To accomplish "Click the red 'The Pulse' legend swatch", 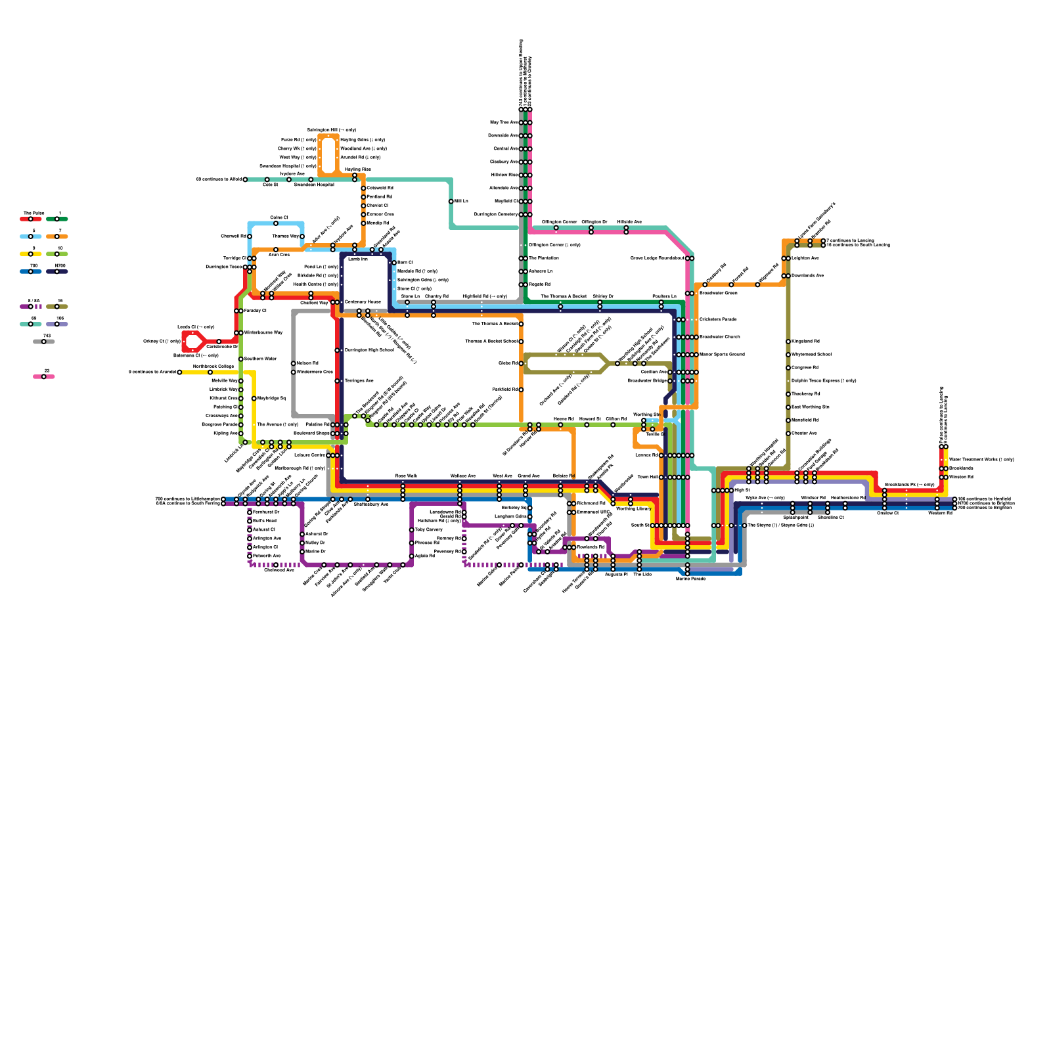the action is [31, 219].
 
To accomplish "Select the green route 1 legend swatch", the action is [57, 219].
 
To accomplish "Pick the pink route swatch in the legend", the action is [44, 376].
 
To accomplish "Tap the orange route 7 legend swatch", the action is [57, 236].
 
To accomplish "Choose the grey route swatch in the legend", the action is [44, 342].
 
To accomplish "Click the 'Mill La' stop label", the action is [461, 201].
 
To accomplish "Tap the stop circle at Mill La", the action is [451, 202].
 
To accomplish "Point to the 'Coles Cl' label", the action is [279, 217].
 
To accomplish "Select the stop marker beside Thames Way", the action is [302, 236].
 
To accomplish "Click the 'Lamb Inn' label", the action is [358, 259].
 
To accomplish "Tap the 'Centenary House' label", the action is [363, 302].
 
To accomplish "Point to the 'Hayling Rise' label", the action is [358, 169].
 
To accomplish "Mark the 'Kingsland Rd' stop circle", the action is [788, 342].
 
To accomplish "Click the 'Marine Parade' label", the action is [690, 579].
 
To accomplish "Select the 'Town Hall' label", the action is [648, 478].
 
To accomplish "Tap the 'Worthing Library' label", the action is [634, 508].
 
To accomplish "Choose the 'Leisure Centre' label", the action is [309, 455].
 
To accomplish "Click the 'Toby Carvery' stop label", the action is [429, 529].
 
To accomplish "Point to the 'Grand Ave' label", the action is [528, 476].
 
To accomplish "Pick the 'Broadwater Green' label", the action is [718, 293].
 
